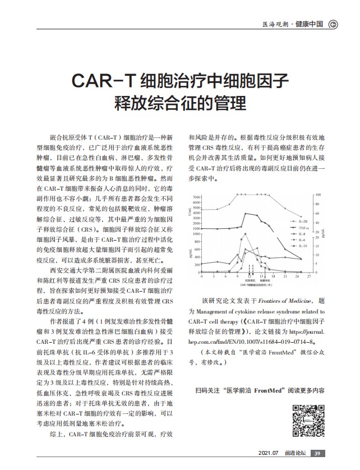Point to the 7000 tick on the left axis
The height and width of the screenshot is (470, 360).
tap(196, 197)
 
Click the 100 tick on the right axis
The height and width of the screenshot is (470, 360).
tap(319, 195)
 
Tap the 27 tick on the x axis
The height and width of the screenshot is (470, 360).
tap(309, 277)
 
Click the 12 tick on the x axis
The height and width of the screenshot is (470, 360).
tap(249, 277)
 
